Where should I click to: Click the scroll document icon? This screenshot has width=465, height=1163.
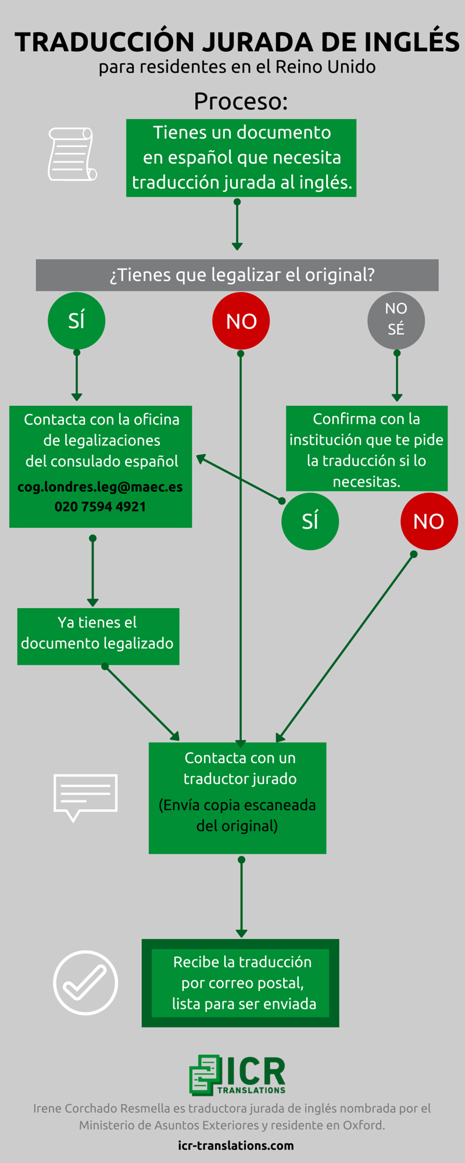pos(72,154)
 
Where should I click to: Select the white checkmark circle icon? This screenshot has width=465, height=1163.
pos(85,983)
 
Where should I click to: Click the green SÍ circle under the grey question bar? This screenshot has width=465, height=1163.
pos(76,321)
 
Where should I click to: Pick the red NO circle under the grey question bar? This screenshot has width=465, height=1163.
pos(241,321)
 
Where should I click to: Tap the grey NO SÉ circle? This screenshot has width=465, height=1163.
pos(396,321)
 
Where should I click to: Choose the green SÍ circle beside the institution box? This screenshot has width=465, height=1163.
pos(310,521)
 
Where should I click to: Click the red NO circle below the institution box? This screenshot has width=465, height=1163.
pos(429,521)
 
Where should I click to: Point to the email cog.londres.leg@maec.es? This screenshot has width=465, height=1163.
pos(100,487)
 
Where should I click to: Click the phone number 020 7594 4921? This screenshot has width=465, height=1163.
pos(100,506)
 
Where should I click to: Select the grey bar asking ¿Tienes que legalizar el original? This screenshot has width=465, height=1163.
pos(237,275)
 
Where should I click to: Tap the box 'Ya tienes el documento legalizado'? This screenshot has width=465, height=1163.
pos(98,636)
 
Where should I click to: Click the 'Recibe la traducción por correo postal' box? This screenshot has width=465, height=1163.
pos(241,983)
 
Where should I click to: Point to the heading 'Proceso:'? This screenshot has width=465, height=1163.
pos(241,102)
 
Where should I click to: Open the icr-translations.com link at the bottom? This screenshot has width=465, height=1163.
pos(236,1146)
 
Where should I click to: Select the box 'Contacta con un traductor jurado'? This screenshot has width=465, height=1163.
pos(237,798)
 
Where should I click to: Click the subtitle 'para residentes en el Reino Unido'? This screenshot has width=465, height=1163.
pos(237,67)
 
